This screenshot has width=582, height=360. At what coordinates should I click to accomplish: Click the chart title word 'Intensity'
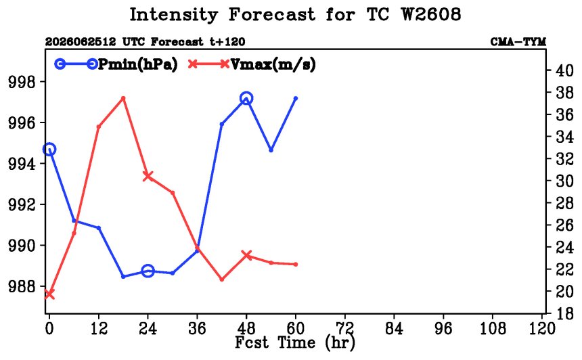click(x=173, y=15)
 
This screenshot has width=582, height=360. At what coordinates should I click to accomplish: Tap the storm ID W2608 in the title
click(x=431, y=14)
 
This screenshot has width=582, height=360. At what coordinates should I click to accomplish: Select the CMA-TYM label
click(x=518, y=41)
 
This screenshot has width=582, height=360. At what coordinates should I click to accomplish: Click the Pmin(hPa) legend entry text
click(x=137, y=64)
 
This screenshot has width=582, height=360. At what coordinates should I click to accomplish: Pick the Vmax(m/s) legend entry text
click(x=273, y=64)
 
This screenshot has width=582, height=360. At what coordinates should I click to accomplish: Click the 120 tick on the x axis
click(x=541, y=328)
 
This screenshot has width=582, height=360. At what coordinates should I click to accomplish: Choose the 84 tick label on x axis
click(x=394, y=328)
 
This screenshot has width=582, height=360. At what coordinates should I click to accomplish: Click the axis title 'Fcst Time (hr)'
click(x=294, y=342)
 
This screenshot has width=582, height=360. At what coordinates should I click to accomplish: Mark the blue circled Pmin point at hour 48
click(x=246, y=99)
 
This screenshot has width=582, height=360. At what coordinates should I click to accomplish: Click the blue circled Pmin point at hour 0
click(x=49, y=150)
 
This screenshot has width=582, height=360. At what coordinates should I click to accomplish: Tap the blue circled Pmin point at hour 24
click(x=148, y=271)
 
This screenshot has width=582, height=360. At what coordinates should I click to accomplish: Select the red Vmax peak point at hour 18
click(x=123, y=98)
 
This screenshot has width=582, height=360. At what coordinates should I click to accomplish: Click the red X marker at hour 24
click(x=148, y=176)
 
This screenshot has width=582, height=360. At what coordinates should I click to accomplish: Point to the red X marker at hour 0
click(x=49, y=294)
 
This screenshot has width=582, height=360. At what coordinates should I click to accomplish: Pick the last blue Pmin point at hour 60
click(x=296, y=98)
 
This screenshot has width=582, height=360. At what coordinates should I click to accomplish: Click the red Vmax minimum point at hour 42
click(x=222, y=279)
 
